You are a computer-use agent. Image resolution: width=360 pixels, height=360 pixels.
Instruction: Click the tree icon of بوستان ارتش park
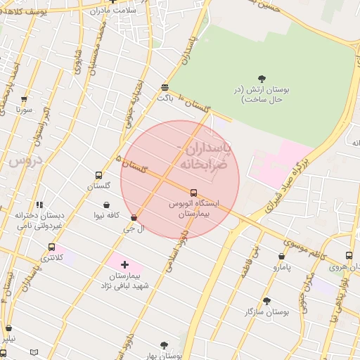(x=262, y=79)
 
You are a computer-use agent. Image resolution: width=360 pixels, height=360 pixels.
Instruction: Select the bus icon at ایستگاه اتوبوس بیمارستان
(x=193, y=192)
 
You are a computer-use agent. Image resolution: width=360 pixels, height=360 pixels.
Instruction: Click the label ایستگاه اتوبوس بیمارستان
(x=193, y=207)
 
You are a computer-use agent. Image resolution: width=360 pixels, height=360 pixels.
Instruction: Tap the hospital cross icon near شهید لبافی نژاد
(x=124, y=265)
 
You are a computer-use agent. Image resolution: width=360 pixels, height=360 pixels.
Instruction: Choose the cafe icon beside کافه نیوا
(x=106, y=205)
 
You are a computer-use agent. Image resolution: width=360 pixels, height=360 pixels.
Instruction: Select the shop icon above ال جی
(x=134, y=219)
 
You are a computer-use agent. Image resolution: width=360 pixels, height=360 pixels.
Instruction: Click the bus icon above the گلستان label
(x=98, y=176)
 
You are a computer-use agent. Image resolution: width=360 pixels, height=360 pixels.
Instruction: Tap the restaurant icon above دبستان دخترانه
(x=39, y=205)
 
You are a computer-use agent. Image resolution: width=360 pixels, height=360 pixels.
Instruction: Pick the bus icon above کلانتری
(x=51, y=247)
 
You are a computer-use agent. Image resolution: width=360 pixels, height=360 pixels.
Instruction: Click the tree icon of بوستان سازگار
(x=266, y=300)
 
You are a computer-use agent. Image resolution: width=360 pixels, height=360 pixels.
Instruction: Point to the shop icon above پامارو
(x=282, y=257)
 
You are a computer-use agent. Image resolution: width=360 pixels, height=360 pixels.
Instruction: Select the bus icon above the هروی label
(x=349, y=256)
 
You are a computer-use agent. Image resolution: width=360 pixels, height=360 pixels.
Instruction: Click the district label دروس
(x=26, y=160)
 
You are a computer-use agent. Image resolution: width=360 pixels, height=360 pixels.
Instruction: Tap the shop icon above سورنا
(x=24, y=100)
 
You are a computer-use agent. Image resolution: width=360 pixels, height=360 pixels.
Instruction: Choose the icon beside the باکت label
(x=165, y=88)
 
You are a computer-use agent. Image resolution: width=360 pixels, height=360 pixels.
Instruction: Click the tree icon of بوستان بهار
(x=164, y=345)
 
